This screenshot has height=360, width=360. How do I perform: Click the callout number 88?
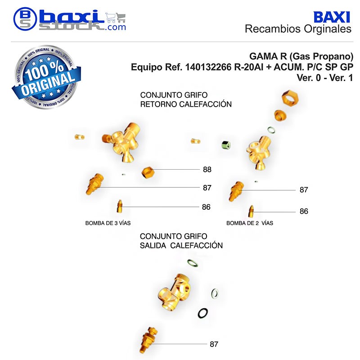[207, 170]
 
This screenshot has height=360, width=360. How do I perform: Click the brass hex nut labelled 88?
[148, 172]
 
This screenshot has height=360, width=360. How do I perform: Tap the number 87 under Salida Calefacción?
[214, 344]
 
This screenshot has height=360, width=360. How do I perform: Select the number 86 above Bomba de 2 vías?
[304, 211]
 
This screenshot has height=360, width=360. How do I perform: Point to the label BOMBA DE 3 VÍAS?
[108, 223]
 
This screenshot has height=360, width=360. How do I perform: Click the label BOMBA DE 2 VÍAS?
[250, 223]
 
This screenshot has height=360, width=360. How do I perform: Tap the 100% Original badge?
[47, 77]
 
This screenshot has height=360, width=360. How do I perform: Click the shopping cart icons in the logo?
[116, 18]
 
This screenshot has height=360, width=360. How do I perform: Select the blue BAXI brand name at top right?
[332, 17]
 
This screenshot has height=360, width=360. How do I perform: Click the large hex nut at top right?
[290, 98]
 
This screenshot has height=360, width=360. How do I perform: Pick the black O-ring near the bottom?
[203, 313]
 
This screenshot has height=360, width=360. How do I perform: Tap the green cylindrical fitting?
[226, 145]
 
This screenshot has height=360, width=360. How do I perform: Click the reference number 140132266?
[208, 67]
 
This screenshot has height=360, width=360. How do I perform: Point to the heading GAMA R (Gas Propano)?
[301, 56]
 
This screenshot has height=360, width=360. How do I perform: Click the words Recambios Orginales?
[298, 29]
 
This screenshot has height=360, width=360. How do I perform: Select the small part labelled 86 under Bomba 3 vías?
[120, 206]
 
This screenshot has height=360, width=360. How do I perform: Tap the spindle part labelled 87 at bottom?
[148, 340]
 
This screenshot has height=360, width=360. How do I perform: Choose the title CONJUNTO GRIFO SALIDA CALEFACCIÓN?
[181, 241]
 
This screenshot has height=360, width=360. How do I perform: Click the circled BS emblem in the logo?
[25, 19]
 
